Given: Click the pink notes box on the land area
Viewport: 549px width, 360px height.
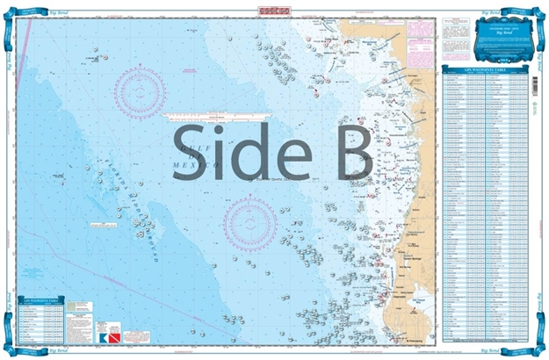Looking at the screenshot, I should [x=418, y=35].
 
